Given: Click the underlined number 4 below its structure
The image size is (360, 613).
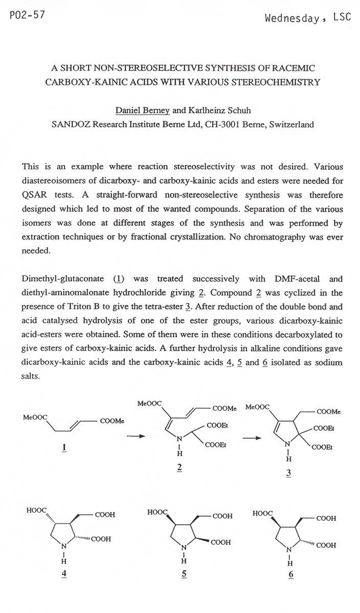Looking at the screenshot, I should pyautogui.click(x=64, y=573).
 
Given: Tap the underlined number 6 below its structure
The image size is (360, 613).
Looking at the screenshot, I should pyautogui.click(x=290, y=574).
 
